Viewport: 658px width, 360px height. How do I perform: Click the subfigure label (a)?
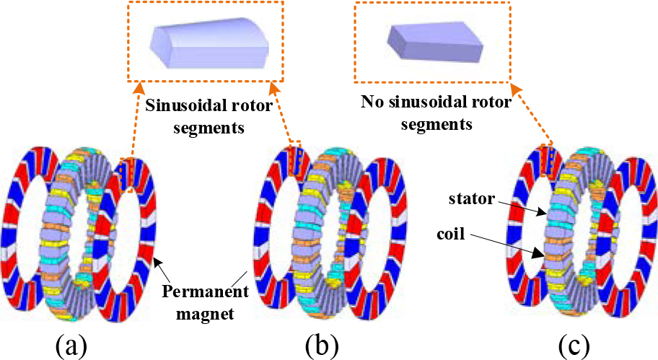click(72, 344)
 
